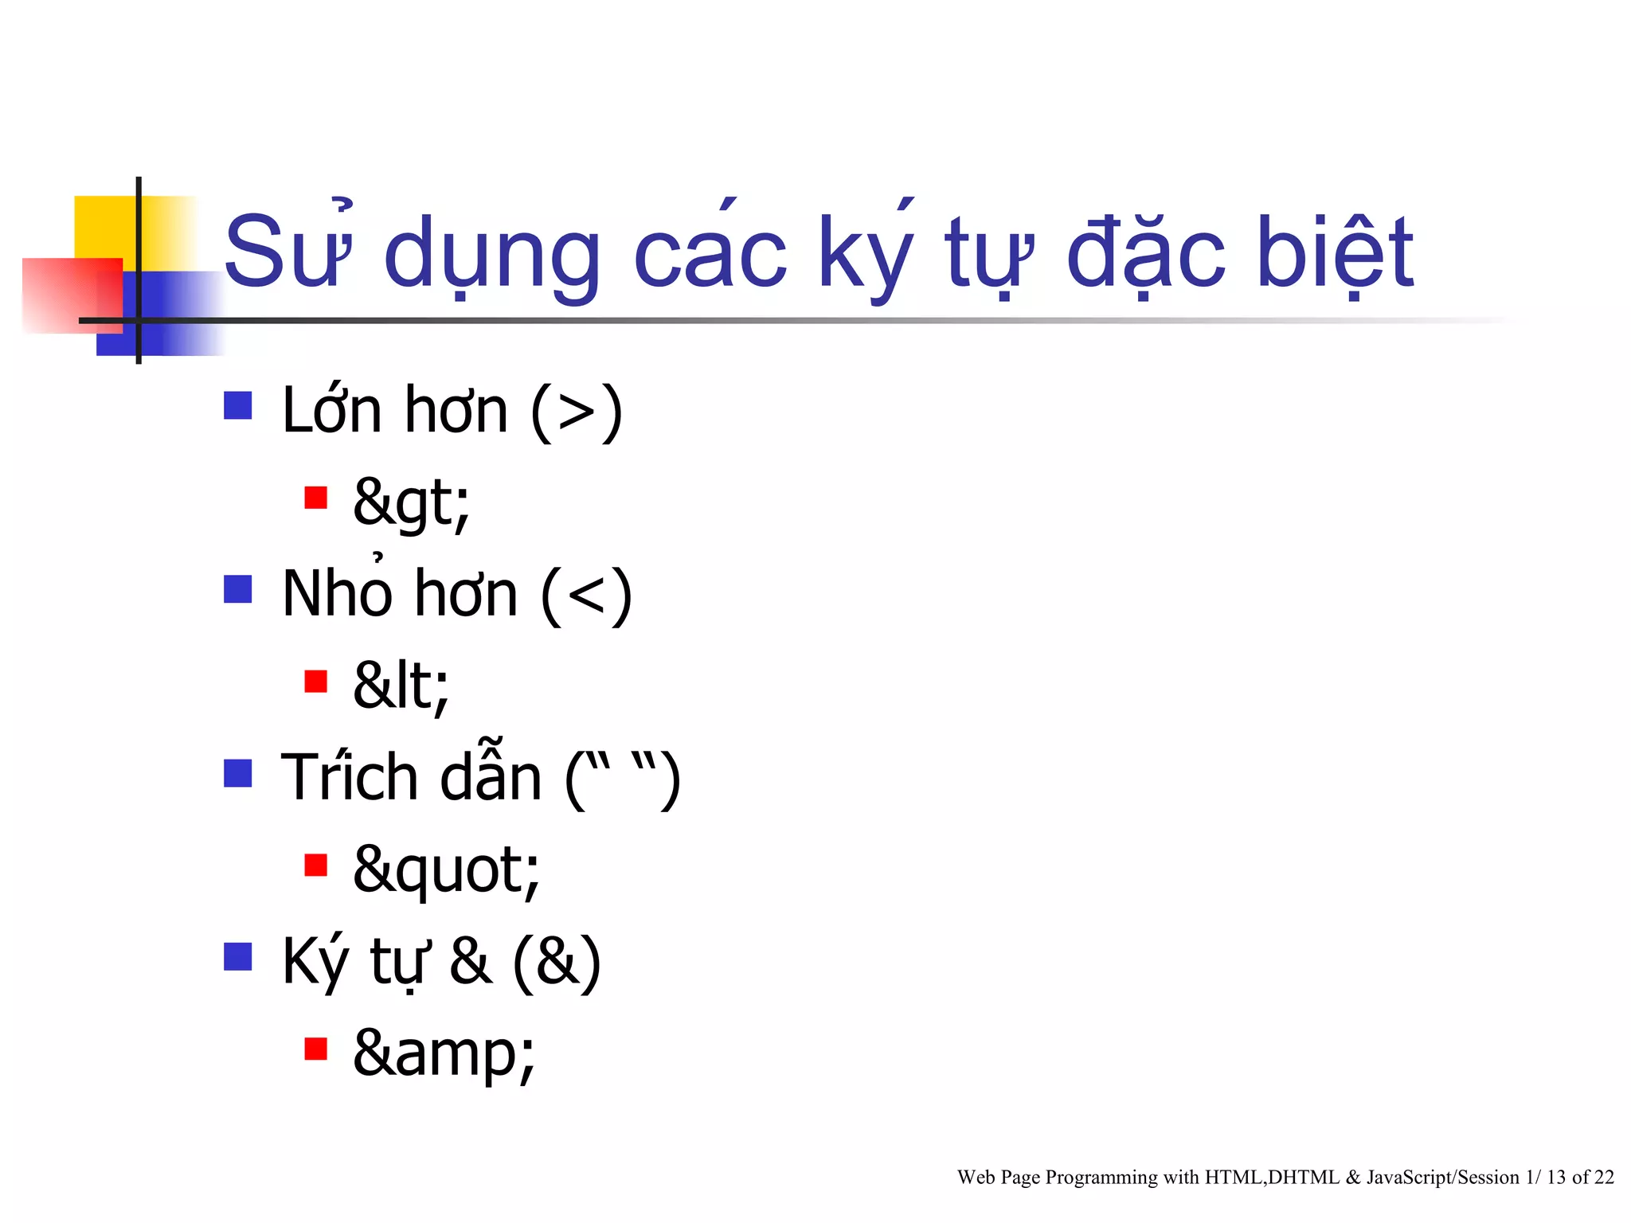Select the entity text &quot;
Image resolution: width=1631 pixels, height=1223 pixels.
click(446, 869)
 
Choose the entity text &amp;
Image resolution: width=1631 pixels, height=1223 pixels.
click(444, 1053)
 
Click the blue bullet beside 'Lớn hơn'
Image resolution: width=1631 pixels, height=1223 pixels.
click(238, 405)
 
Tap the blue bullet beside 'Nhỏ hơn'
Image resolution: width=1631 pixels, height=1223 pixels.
click(238, 589)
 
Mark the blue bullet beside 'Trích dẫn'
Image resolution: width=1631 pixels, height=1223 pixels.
click(238, 773)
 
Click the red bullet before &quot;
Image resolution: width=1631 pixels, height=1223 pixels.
click(316, 865)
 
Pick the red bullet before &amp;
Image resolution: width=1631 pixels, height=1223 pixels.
click(316, 1049)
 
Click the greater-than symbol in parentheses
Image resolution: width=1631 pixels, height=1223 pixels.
click(577, 412)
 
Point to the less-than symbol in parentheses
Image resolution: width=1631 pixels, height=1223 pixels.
click(587, 596)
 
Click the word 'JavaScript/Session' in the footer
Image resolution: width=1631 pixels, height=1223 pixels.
click(1443, 1178)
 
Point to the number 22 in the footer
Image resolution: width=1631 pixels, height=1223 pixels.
click(1604, 1178)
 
